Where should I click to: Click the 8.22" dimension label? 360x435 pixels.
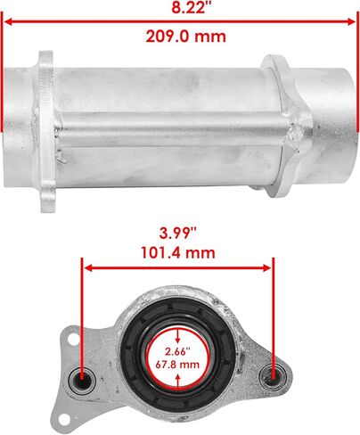[188, 7]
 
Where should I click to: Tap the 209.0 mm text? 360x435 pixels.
[186, 37]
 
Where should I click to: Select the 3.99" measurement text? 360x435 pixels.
[178, 234]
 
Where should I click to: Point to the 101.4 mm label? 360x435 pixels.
[178, 253]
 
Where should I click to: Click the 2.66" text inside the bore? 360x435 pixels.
[177, 352]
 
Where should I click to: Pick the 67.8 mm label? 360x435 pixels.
[177, 365]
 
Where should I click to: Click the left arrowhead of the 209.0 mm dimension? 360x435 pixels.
[9, 21]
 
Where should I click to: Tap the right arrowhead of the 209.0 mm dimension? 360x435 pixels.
[351, 21]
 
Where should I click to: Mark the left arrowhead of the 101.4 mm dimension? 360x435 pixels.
[89, 268]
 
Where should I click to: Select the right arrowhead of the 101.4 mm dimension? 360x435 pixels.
[266, 268]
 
